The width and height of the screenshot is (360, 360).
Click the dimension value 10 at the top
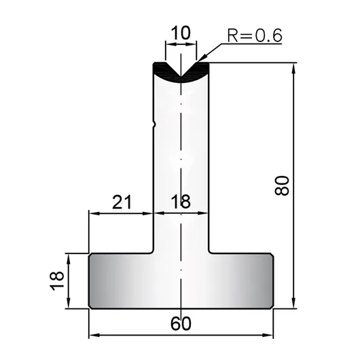tap(181, 33)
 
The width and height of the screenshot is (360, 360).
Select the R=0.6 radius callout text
tap(255, 35)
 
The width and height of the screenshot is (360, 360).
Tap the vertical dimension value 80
tap(282, 185)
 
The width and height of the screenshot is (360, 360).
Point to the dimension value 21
tap(122, 202)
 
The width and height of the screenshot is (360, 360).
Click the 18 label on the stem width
tap(181, 201)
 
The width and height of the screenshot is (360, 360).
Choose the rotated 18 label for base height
tap(56, 281)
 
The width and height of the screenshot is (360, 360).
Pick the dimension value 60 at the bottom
tap(181, 323)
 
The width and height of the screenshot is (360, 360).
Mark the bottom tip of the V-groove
tap(181, 77)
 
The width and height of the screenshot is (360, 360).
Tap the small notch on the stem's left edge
tap(154, 125)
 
